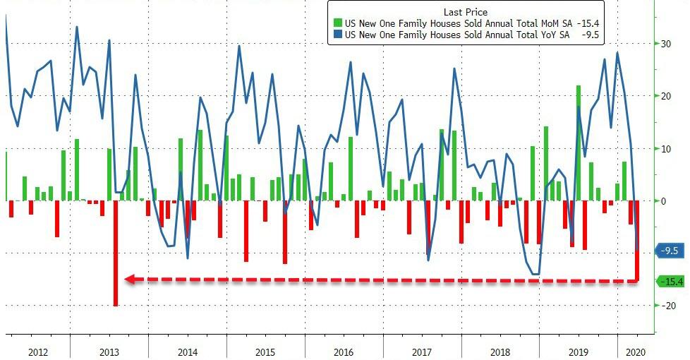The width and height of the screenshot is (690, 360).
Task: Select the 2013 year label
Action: (109, 351)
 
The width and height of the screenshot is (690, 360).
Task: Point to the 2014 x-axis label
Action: (188, 351)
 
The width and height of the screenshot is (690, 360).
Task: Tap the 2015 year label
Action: (265, 351)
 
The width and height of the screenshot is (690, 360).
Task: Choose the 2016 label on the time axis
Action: (344, 351)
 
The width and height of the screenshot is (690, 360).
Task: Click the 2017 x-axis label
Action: (421, 351)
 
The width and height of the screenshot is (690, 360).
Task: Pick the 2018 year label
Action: (500, 351)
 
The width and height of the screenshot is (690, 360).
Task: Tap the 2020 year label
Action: (636, 351)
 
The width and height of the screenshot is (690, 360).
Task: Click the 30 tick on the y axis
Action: (665, 44)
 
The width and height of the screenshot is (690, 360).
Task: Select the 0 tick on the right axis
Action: (663, 201)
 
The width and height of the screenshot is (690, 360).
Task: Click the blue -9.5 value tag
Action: (671, 251)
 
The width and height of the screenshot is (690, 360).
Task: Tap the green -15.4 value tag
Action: (672, 282)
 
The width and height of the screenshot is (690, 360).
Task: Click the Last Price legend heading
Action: (466, 11)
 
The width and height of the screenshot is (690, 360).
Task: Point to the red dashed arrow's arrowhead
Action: (129, 280)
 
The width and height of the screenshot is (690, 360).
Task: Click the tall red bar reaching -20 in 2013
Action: (116, 254)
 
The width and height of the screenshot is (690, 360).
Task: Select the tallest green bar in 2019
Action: (579, 141)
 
